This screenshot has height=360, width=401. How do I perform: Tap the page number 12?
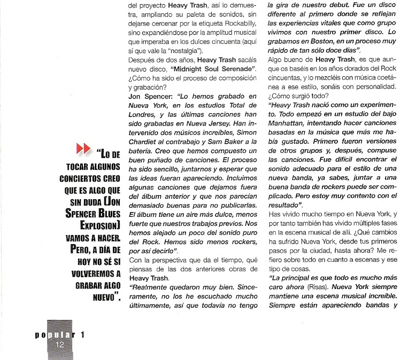tap(59, 345)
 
